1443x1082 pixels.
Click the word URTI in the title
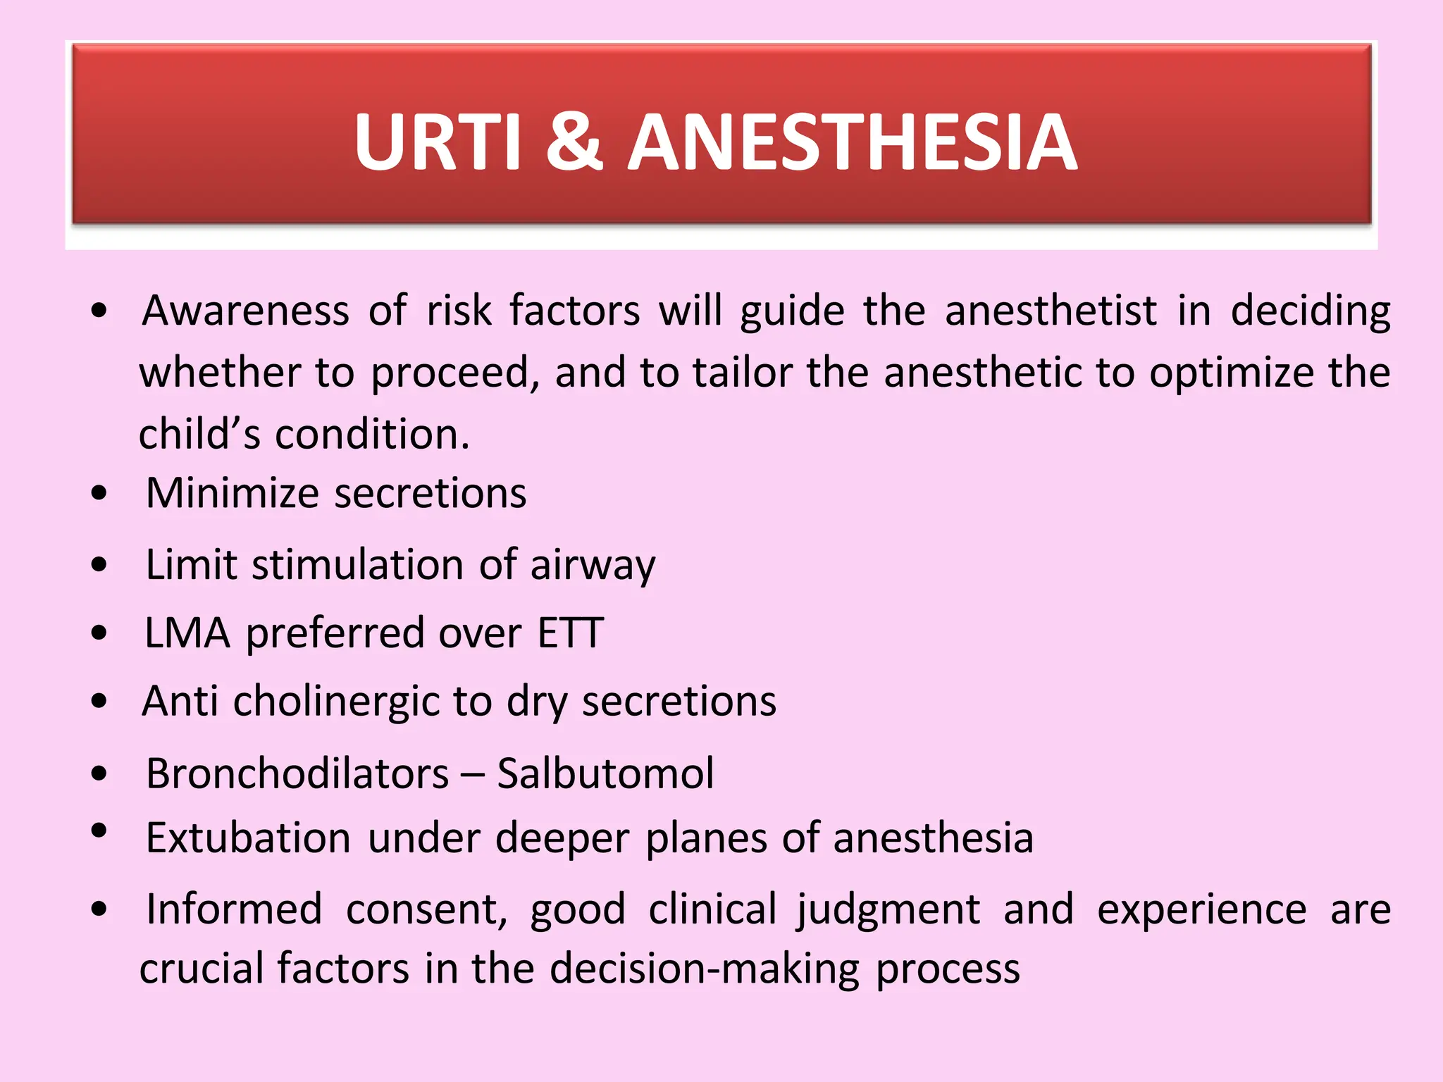pyautogui.click(x=437, y=143)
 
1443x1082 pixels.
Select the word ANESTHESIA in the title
pyautogui.click(x=853, y=143)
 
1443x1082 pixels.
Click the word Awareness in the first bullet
pyautogui.click(x=246, y=311)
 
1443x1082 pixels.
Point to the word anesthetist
pyautogui.click(x=1051, y=311)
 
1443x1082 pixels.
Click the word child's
pyautogui.click(x=199, y=434)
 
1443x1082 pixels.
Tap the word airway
pyautogui.click(x=593, y=566)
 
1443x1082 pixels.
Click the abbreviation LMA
pyautogui.click(x=187, y=633)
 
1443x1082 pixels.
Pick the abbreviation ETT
pyautogui.click(x=570, y=633)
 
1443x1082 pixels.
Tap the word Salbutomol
pyautogui.click(x=605, y=773)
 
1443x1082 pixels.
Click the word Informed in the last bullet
pyautogui.click(x=234, y=909)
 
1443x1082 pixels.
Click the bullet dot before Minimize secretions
pyautogui.click(x=99, y=493)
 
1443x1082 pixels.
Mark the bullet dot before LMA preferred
pyautogui.click(x=99, y=633)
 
